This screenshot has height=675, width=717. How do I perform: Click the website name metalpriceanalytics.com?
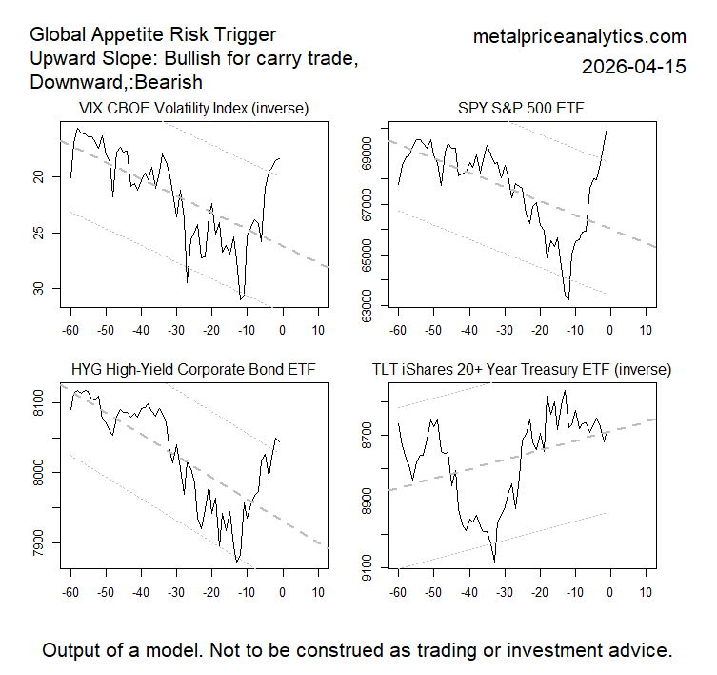(579, 37)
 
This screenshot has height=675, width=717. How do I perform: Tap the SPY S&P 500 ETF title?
(520, 108)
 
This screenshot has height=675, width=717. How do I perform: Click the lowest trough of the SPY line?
(568, 299)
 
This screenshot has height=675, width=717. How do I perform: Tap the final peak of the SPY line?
(607, 129)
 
